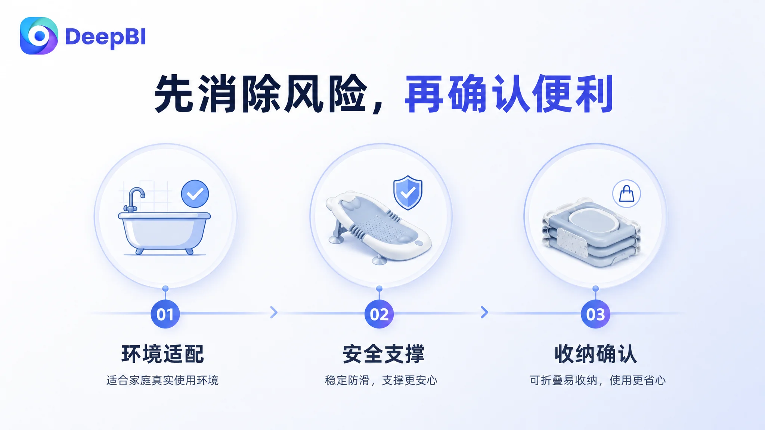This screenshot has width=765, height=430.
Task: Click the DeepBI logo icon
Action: [x=39, y=36]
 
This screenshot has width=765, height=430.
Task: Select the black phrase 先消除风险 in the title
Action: [x=260, y=94]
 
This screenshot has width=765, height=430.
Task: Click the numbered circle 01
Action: [x=165, y=314]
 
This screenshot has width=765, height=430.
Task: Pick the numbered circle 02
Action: [x=379, y=314]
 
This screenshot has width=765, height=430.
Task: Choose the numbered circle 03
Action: [x=595, y=314]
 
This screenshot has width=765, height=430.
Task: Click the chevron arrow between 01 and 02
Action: [x=274, y=312]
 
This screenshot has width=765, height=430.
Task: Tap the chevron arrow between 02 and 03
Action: [x=484, y=312]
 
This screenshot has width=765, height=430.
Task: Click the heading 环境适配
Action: [x=163, y=354]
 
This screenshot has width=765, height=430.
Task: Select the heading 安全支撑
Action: [x=384, y=354]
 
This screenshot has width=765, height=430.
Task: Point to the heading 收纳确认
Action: [x=595, y=354]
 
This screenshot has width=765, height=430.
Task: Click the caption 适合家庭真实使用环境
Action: [x=162, y=380]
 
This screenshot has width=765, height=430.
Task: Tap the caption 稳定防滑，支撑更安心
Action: [x=381, y=380]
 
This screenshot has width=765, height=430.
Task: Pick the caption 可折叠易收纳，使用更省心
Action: [x=598, y=380]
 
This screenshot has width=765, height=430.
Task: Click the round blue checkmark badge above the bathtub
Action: [x=195, y=194]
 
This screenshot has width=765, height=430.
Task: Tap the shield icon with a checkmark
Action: [x=408, y=193]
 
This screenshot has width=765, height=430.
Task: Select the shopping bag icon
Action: [x=626, y=194]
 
